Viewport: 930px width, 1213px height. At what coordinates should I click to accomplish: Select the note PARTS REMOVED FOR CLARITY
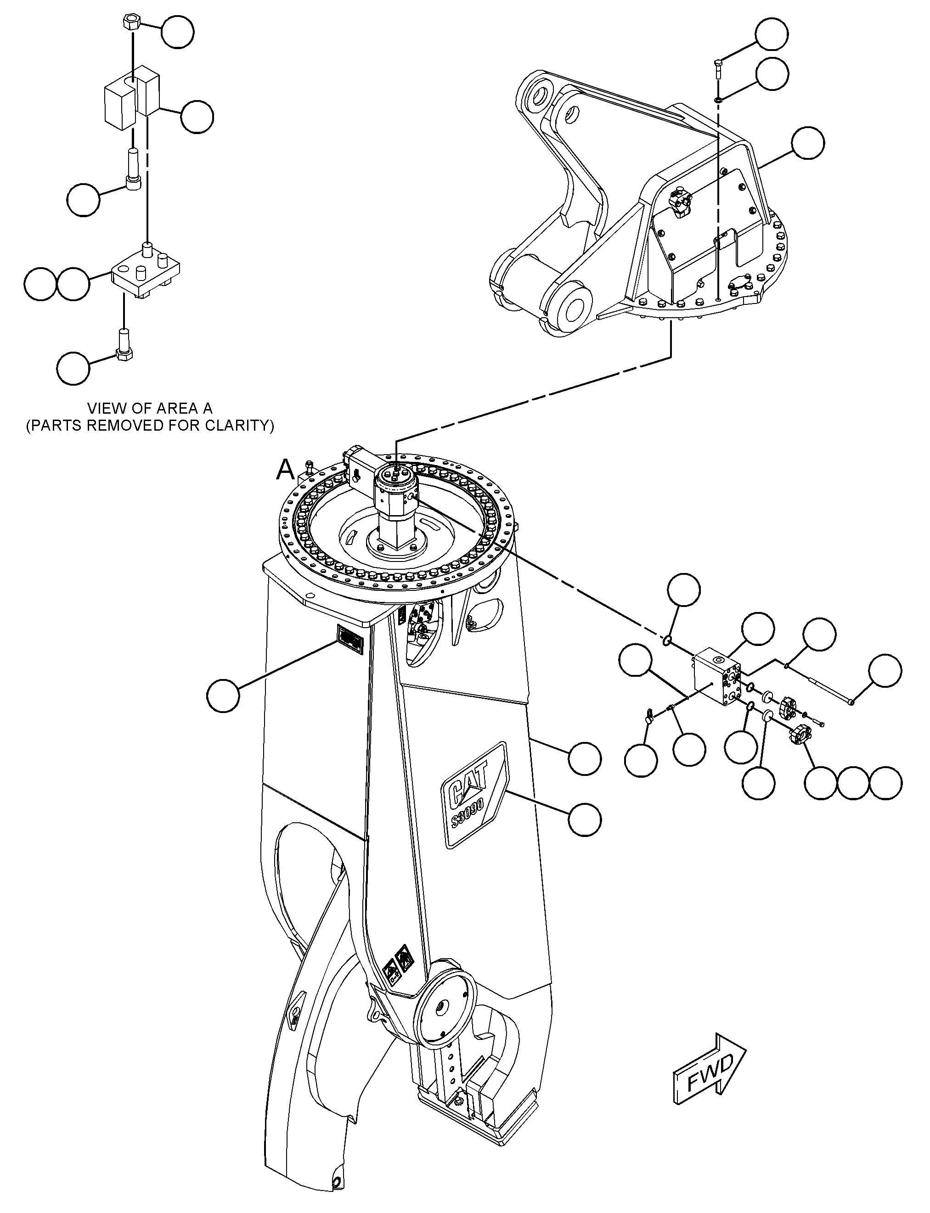click(x=150, y=426)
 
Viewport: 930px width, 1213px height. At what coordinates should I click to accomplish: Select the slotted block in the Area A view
click(x=132, y=97)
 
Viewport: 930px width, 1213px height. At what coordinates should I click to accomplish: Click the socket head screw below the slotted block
click(x=133, y=170)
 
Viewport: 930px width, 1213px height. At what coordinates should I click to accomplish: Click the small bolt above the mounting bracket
click(x=718, y=69)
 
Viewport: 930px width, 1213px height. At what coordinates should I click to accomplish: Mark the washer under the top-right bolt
click(x=718, y=100)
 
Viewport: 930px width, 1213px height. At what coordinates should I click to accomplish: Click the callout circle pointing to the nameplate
click(x=223, y=695)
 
